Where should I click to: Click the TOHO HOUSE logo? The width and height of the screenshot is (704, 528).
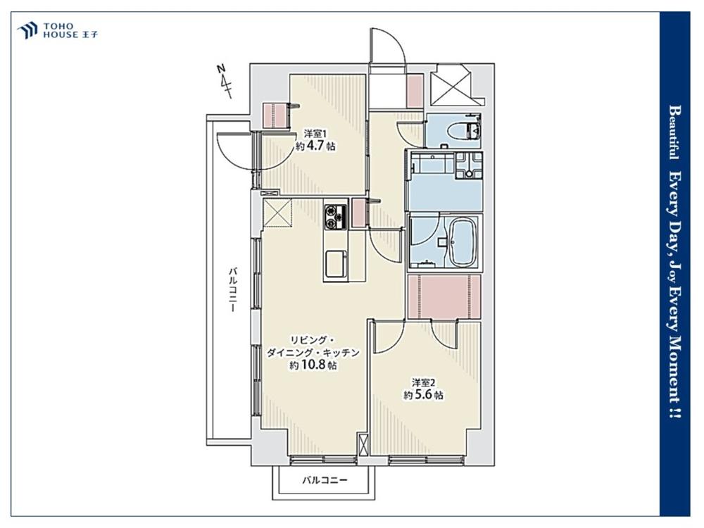tap(57, 30)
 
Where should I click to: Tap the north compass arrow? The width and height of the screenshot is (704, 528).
tap(226, 82)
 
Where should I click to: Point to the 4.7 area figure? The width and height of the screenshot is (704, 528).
tap(316, 146)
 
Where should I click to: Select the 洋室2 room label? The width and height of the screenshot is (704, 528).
tap(424, 382)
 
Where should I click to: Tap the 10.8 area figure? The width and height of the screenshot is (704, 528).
tap(313, 365)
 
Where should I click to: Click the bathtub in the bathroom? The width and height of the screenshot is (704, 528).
tap(463, 241)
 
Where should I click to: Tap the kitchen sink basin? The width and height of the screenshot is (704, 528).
tap(336, 264)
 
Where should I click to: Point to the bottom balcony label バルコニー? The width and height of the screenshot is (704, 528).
tap(325, 480)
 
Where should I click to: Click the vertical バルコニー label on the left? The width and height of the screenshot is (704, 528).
tap(232, 289)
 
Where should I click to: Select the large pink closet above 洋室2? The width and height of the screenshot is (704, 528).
tap(444, 296)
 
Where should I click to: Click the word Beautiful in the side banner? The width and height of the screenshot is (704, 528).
tap(674, 132)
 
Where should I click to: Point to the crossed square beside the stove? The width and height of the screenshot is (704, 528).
tap(277, 213)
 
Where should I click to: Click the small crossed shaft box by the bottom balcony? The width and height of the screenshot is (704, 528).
tap(363, 444)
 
